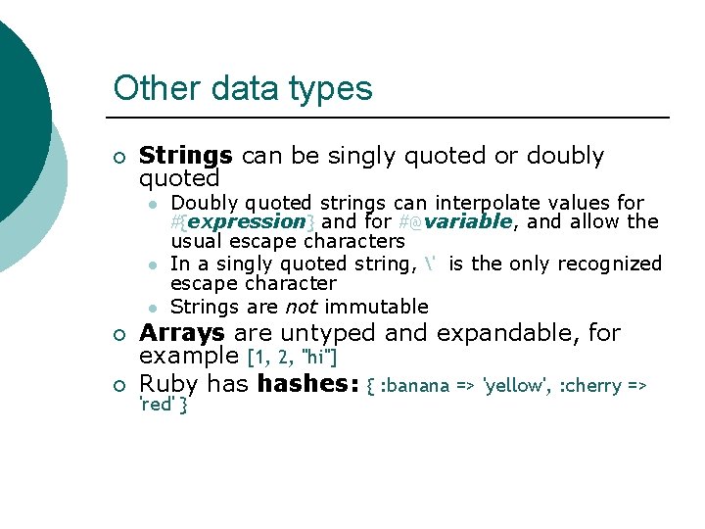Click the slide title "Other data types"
[x=243, y=88]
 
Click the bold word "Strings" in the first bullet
[x=185, y=156]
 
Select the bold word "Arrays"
[x=182, y=333]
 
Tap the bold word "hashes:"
[x=307, y=383]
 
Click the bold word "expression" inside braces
[x=249, y=221]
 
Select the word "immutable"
[x=376, y=307]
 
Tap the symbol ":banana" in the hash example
[x=415, y=385]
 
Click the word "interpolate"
[x=486, y=203]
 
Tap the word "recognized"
[x=609, y=264]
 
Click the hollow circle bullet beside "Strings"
[x=118, y=157]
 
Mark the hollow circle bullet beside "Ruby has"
[x=118, y=384]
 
